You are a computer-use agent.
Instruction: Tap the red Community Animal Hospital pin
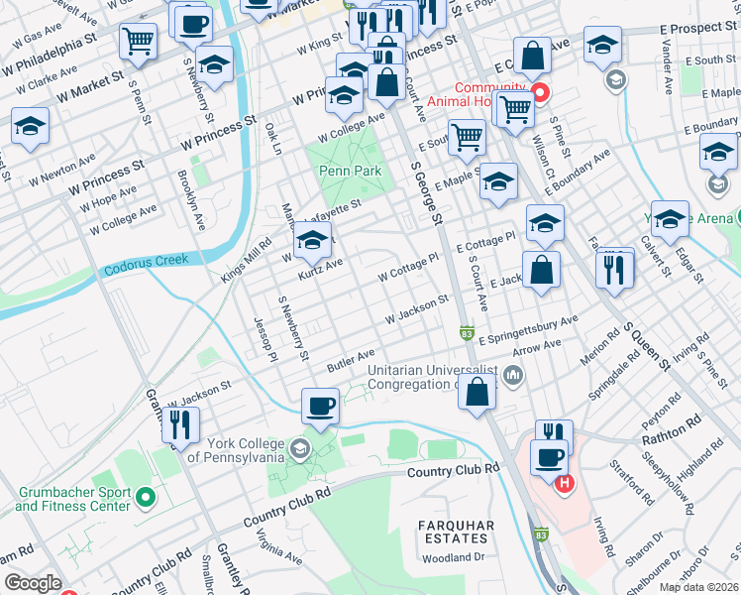[540, 94]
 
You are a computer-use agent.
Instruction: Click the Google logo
[33, 582]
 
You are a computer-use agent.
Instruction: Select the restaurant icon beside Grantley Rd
[179, 424]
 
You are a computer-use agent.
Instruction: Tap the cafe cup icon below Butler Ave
[320, 406]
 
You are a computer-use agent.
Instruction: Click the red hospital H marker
[564, 484]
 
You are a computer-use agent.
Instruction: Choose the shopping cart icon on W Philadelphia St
[139, 42]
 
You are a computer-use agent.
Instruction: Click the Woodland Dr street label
[476, 557]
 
